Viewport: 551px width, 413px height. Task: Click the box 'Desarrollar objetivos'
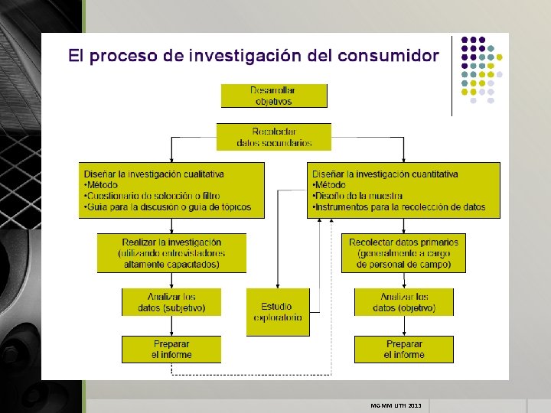[x=274, y=96]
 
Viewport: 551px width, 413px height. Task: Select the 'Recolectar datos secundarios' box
[x=274, y=137]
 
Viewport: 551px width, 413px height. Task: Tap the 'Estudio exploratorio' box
[x=278, y=312]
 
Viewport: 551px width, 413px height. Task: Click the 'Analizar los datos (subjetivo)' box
[x=171, y=302]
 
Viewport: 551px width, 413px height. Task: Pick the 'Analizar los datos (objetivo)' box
[x=404, y=302]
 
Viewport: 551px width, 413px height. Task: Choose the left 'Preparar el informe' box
[x=171, y=350]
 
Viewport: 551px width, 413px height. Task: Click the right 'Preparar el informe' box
[x=404, y=350]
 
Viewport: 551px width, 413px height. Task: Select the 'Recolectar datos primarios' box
[x=404, y=253]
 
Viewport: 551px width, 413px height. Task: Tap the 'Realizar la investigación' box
[x=171, y=253]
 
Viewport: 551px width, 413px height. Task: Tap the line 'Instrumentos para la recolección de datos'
[x=399, y=207]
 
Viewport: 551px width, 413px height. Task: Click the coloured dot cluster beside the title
[x=481, y=69]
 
